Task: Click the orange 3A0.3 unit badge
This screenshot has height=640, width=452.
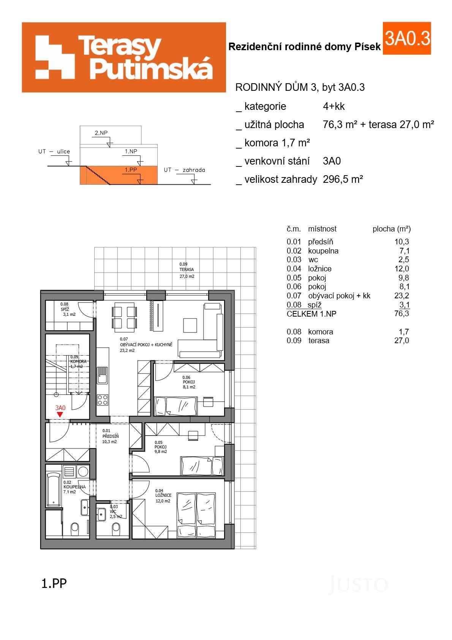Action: point(407,38)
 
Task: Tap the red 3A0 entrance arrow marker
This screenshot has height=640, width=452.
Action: point(60,415)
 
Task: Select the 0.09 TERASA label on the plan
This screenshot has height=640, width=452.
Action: point(186,270)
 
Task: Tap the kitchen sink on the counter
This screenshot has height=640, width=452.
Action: point(102,375)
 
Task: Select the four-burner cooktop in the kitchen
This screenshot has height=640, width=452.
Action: point(103,399)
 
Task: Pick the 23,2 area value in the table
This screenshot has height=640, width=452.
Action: point(401,296)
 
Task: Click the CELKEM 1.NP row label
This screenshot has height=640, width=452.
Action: point(311,314)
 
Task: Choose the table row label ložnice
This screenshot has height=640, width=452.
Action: point(319,269)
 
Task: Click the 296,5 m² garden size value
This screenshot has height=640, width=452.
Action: point(343,179)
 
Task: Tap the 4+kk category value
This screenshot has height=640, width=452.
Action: point(333,106)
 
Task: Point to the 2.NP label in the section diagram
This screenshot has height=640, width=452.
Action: point(101,133)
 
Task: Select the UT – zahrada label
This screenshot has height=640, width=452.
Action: point(184,170)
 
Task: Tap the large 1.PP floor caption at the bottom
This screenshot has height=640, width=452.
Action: point(54,583)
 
